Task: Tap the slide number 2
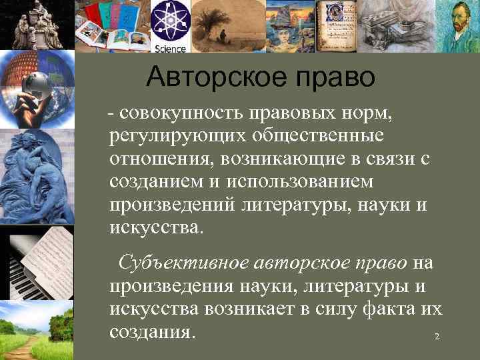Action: pyautogui.click(x=437, y=337)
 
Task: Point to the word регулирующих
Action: pyautogui.click(x=177, y=137)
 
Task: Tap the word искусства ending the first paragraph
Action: pyautogui.click(x=154, y=227)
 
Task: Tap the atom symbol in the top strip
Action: pyautogui.click(x=171, y=22)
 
